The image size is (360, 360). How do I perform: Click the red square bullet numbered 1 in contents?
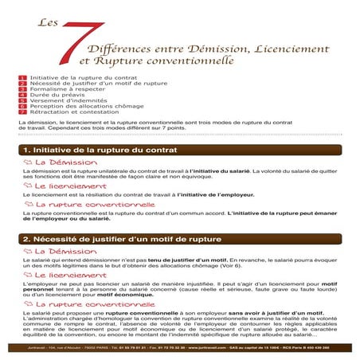tap(22, 78)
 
